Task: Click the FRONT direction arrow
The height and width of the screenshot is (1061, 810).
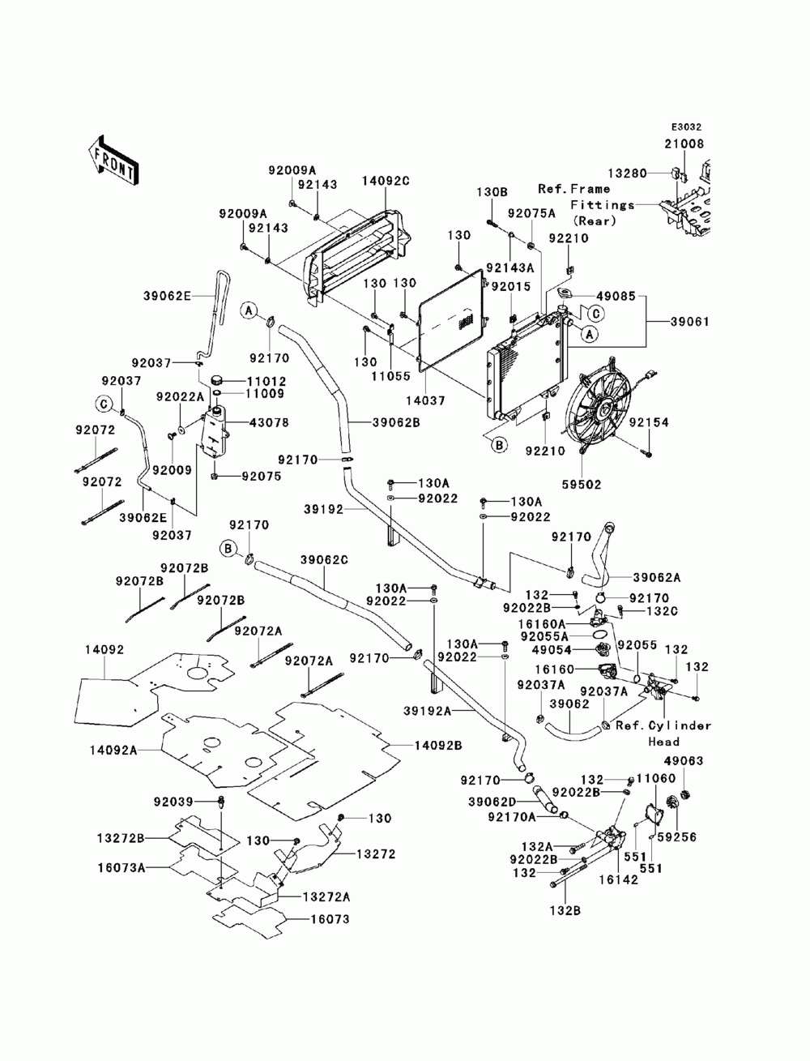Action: coord(113,158)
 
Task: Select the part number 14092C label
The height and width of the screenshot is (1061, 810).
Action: coord(386,182)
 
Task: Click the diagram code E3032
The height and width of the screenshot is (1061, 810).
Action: coord(685,127)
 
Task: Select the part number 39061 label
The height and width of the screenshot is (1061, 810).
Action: coord(689,321)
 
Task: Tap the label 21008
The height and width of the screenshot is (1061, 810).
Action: coord(685,143)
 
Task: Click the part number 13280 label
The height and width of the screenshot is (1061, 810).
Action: coord(626,173)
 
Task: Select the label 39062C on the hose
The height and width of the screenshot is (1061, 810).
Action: coord(324,560)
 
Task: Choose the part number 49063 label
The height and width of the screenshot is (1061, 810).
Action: coord(684,761)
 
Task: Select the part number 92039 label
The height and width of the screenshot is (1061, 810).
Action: coord(173,802)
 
